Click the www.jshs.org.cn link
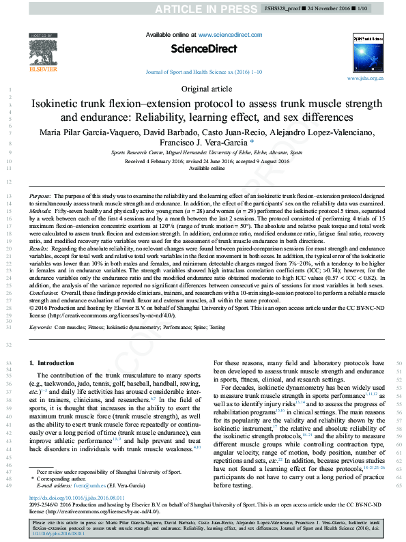point(365,79)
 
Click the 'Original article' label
point(203,89)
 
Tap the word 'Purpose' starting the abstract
point(40,196)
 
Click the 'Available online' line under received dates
point(202,167)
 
